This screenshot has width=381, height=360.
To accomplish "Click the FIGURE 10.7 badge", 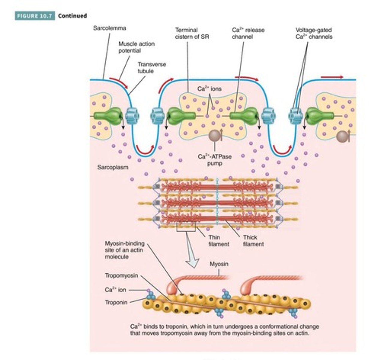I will coord(35,16).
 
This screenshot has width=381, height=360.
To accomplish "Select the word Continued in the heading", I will coord(73,16).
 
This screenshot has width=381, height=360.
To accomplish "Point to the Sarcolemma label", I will coord(109,28).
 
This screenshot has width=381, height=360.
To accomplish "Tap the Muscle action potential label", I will coord(136,47).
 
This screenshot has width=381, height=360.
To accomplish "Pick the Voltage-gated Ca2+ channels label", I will coord(314,33).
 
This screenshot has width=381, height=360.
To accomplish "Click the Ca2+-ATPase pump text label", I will coord(215,160).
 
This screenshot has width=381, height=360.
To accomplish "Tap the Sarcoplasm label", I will coord(113,167).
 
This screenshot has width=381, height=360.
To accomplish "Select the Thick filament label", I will coord(253,241).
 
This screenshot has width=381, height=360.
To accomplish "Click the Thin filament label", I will coord(219,241).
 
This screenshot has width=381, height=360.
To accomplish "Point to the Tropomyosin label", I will coord(121,275).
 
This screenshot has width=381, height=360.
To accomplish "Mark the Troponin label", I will coord(116,302).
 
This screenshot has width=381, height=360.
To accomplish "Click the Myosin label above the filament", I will coord(219,264).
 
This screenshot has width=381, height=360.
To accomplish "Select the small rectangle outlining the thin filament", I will coord(186,226).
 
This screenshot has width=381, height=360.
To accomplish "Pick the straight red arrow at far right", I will coord(332,77).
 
